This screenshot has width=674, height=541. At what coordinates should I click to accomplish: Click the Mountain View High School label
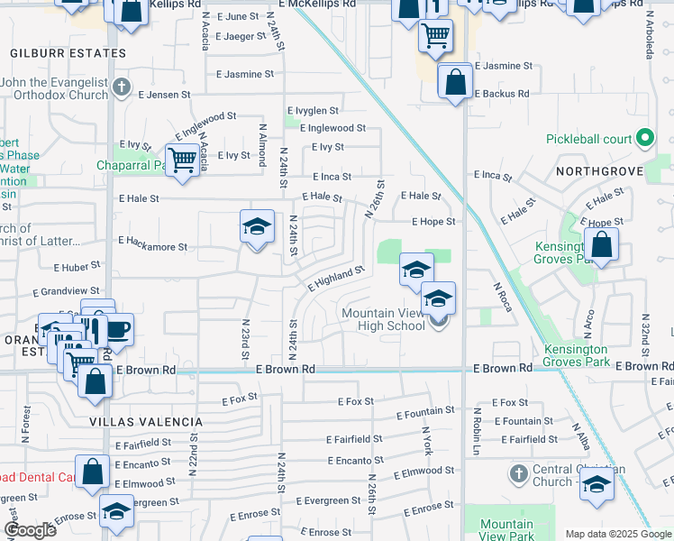click(384, 319)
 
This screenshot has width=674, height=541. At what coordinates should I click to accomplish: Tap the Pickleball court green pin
click(644, 139)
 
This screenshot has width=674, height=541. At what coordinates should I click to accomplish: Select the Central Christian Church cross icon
click(518, 473)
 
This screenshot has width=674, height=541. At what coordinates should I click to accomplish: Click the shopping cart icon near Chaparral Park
click(183, 160)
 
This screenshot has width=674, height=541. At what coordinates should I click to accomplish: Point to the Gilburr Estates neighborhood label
click(68, 53)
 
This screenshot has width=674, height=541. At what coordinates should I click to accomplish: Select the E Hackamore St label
click(152, 244)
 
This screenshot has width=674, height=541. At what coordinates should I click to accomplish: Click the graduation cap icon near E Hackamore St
click(257, 226)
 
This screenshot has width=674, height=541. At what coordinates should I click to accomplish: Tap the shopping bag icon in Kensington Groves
click(601, 244)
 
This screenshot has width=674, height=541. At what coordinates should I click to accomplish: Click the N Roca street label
click(502, 298)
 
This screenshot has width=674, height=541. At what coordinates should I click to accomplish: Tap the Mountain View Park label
click(506, 530)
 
